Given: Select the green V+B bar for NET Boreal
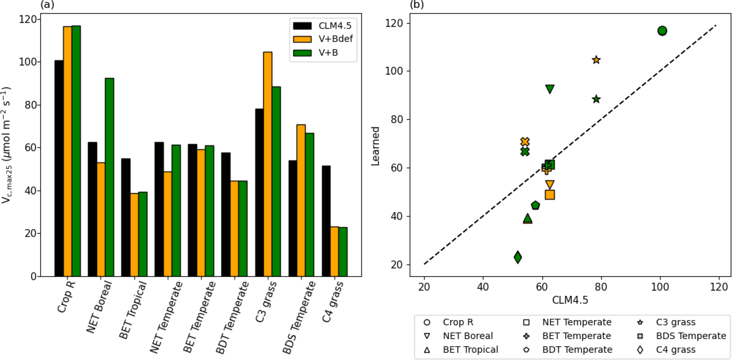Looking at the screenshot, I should coord(109,177).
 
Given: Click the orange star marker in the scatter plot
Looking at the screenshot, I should coord(596,60).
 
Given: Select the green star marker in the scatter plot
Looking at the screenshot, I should coord(596,99).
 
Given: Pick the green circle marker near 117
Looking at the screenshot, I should coord(662,31).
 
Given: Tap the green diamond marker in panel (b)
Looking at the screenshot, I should coord(518,257).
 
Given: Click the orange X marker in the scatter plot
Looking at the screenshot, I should coord(525,142).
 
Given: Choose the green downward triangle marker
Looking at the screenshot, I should coord(550,89).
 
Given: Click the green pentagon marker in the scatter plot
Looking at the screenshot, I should coord(535,205).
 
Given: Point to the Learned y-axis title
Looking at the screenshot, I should coord(375,146).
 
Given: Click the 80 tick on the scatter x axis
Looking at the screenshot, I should coord(601,287).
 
